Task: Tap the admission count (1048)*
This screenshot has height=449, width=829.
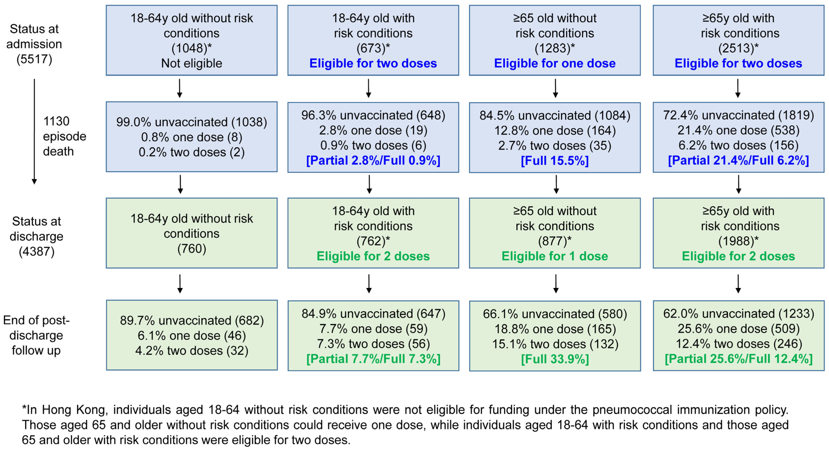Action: click(192, 48)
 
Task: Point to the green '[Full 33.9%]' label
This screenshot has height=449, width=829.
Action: click(555, 359)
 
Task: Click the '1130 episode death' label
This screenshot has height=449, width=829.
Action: click(64, 136)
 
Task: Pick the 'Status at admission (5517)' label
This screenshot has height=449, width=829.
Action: click(34, 44)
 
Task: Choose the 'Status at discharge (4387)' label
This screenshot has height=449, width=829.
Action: click(36, 236)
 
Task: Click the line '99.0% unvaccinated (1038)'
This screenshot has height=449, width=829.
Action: click(192, 122)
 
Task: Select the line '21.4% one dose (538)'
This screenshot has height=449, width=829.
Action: click(738, 130)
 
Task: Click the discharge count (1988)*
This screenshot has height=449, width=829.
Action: click(738, 241)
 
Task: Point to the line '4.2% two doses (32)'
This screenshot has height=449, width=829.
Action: click(192, 351)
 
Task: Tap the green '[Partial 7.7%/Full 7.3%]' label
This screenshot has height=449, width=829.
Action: click(373, 359)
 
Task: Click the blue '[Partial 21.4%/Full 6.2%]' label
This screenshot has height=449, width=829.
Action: click(738, 160)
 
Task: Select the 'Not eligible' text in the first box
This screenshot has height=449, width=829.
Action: click(192, 63)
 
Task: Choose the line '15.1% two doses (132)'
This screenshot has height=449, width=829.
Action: click(555, 344)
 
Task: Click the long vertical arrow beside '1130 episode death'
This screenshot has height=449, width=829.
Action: click(35, 132)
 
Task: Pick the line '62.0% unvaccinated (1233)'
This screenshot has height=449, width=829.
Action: click(738, 314)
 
